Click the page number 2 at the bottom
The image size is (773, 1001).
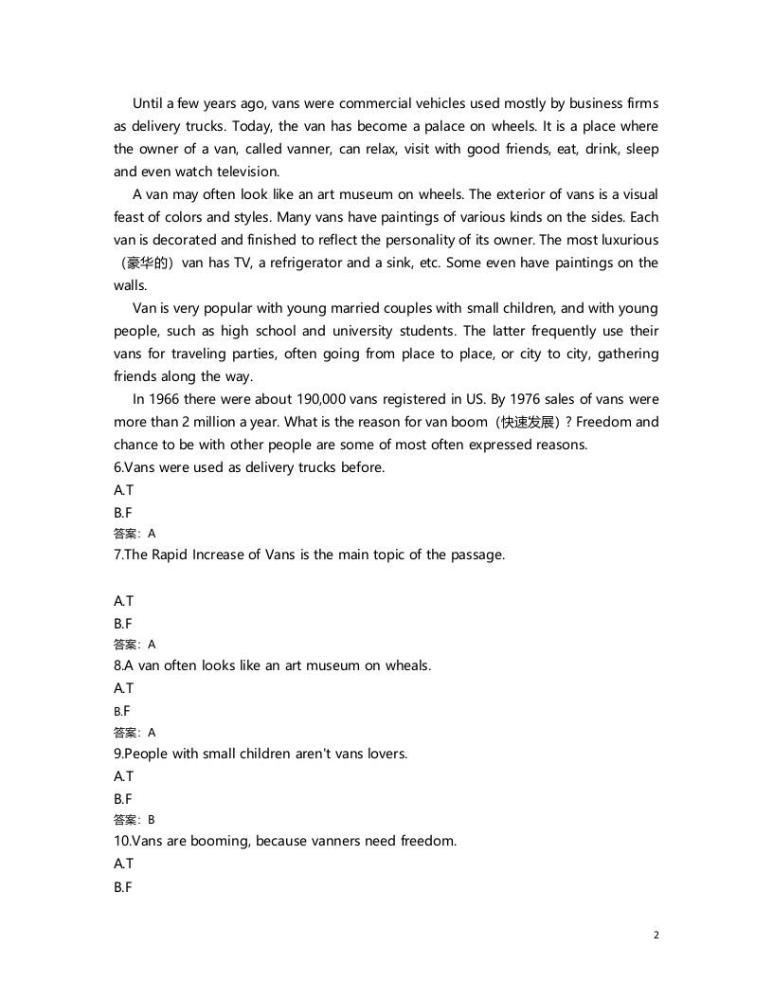click(656, 935)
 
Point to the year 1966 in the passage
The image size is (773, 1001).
click(167, 399)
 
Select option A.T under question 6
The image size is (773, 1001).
click(123, 490)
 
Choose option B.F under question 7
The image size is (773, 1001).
click(123, 623)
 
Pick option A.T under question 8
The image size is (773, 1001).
click(123, 687)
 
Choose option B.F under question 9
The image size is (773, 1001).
click(123, 798)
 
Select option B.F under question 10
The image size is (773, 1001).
click(123, 886)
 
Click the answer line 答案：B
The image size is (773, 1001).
click(134, 820)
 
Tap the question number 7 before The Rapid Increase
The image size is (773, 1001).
click(117, 555)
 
